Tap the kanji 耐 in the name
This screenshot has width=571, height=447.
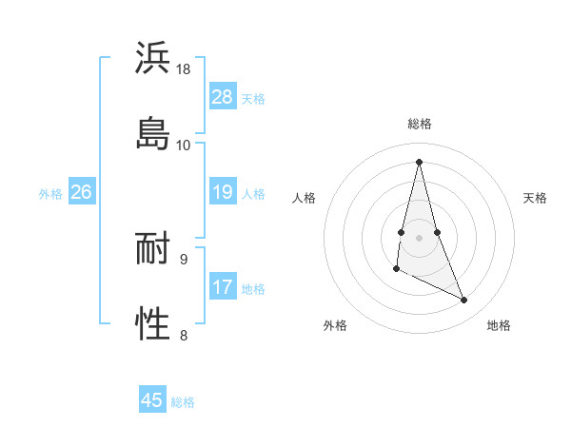click(x=153, y=249)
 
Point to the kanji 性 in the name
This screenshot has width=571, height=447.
click(x=153, y=323)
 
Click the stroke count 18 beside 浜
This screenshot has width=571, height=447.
click(x=184, y=69)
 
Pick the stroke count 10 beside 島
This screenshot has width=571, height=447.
click(x=184, y=145)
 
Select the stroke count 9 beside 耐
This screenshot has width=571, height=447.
click(x=184, y=259)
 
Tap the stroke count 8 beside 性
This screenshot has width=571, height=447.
click(x=184, y=334)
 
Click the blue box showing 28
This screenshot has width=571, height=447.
click(x=223, y=97)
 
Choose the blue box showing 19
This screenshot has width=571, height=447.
click(x=223, y=193)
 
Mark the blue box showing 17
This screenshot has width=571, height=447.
click(x=223, y=287)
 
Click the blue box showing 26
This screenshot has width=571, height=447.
click(x=81, y=193)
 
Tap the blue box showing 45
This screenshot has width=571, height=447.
click(x=152, y=400)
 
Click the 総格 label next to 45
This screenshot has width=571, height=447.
click(x=183, y=402)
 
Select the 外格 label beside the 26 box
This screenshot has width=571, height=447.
click(x=50, y=194)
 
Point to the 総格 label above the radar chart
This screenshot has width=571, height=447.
click(x=420, y=124)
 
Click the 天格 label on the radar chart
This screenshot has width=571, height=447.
click(x=535, y=198)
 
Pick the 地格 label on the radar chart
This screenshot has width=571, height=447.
click(x=499, y=325)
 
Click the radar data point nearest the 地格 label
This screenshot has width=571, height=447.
click(x=464, y=301)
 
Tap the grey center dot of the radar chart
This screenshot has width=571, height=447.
click(x=420, y=236)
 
